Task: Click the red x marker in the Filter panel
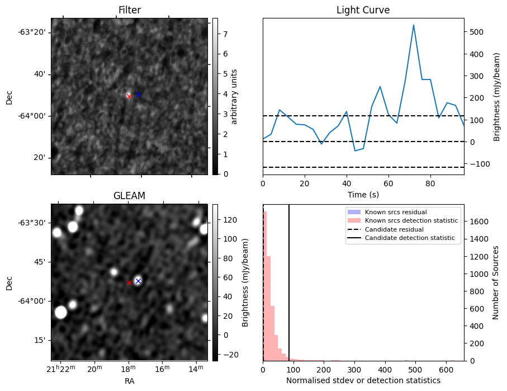pyautogui.click(x=129, y=96)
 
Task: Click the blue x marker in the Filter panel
pyautogui.click(x=138, y=95)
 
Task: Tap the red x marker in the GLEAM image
pyautogui.click(x=129, y=282)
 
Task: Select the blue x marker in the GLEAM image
pyautogui.click(x=138, y=281)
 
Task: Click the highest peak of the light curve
pyautogui.click(x=414, y=25)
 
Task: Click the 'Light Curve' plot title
pyautogui.click(x=363, y=10)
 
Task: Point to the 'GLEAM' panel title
pyautogui.click(x=129, y=196)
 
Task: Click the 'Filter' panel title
pyautogui.click(x=129, y=10)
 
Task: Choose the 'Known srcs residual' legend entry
pyautogui.click(x=395, y=212)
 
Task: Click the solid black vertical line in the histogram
pyautogui.click(x=289, y=280)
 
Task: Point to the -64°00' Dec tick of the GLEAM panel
pyautogui.click(x=35, y=301)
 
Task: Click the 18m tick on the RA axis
pyautogui.click(x=129, y=369)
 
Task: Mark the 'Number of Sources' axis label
pyautogui.click(x=496, y=282)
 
